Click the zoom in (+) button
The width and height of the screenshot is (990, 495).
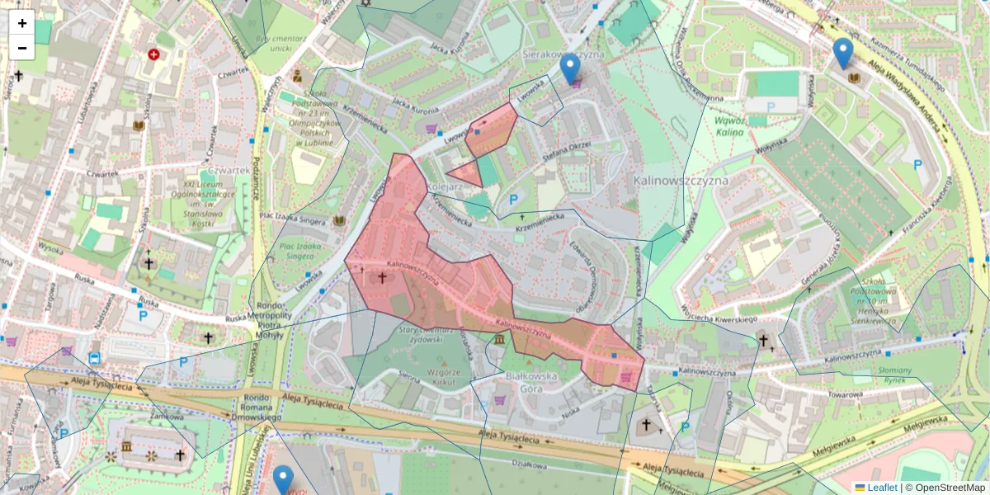pos(22,23)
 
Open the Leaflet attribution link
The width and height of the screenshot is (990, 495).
pos(881,488)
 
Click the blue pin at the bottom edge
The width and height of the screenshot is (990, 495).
pos(283,480)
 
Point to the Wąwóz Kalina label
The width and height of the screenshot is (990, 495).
pos(729,125)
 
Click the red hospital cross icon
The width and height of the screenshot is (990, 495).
pos(153,54)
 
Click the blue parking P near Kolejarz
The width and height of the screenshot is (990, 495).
pos(512,200)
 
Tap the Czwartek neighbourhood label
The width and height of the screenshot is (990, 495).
pos(229,170)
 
